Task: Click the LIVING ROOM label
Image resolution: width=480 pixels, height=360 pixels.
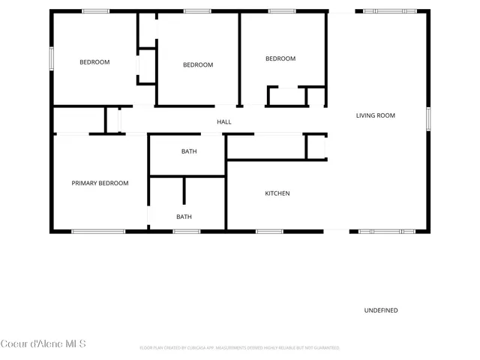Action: click(375, 115)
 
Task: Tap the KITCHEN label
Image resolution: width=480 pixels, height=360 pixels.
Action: click(277, 193)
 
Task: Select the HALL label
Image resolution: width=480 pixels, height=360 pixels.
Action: click(223, 121)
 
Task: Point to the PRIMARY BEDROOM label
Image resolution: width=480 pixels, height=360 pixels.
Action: click(100, 183)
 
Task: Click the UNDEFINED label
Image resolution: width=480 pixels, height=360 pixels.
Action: click(381, 310)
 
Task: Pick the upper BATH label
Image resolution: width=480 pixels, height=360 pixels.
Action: click(189, 151)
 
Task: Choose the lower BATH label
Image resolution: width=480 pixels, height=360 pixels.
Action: click(184, 217)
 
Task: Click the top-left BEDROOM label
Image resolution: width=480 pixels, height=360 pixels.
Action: click(94, 62)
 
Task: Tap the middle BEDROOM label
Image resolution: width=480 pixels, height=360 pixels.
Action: click(198, 65)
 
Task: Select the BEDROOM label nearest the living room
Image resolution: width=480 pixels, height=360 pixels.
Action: click(280, 58)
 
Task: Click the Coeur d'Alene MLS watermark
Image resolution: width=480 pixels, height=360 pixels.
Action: click(43, 343)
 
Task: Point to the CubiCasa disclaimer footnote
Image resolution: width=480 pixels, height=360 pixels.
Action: click(240, 348)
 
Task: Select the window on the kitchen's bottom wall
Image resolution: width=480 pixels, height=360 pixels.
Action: click(269, 231)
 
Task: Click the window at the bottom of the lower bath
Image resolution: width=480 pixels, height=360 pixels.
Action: click(187, 231)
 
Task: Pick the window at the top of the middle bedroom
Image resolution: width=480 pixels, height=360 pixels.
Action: click(198, 10)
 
